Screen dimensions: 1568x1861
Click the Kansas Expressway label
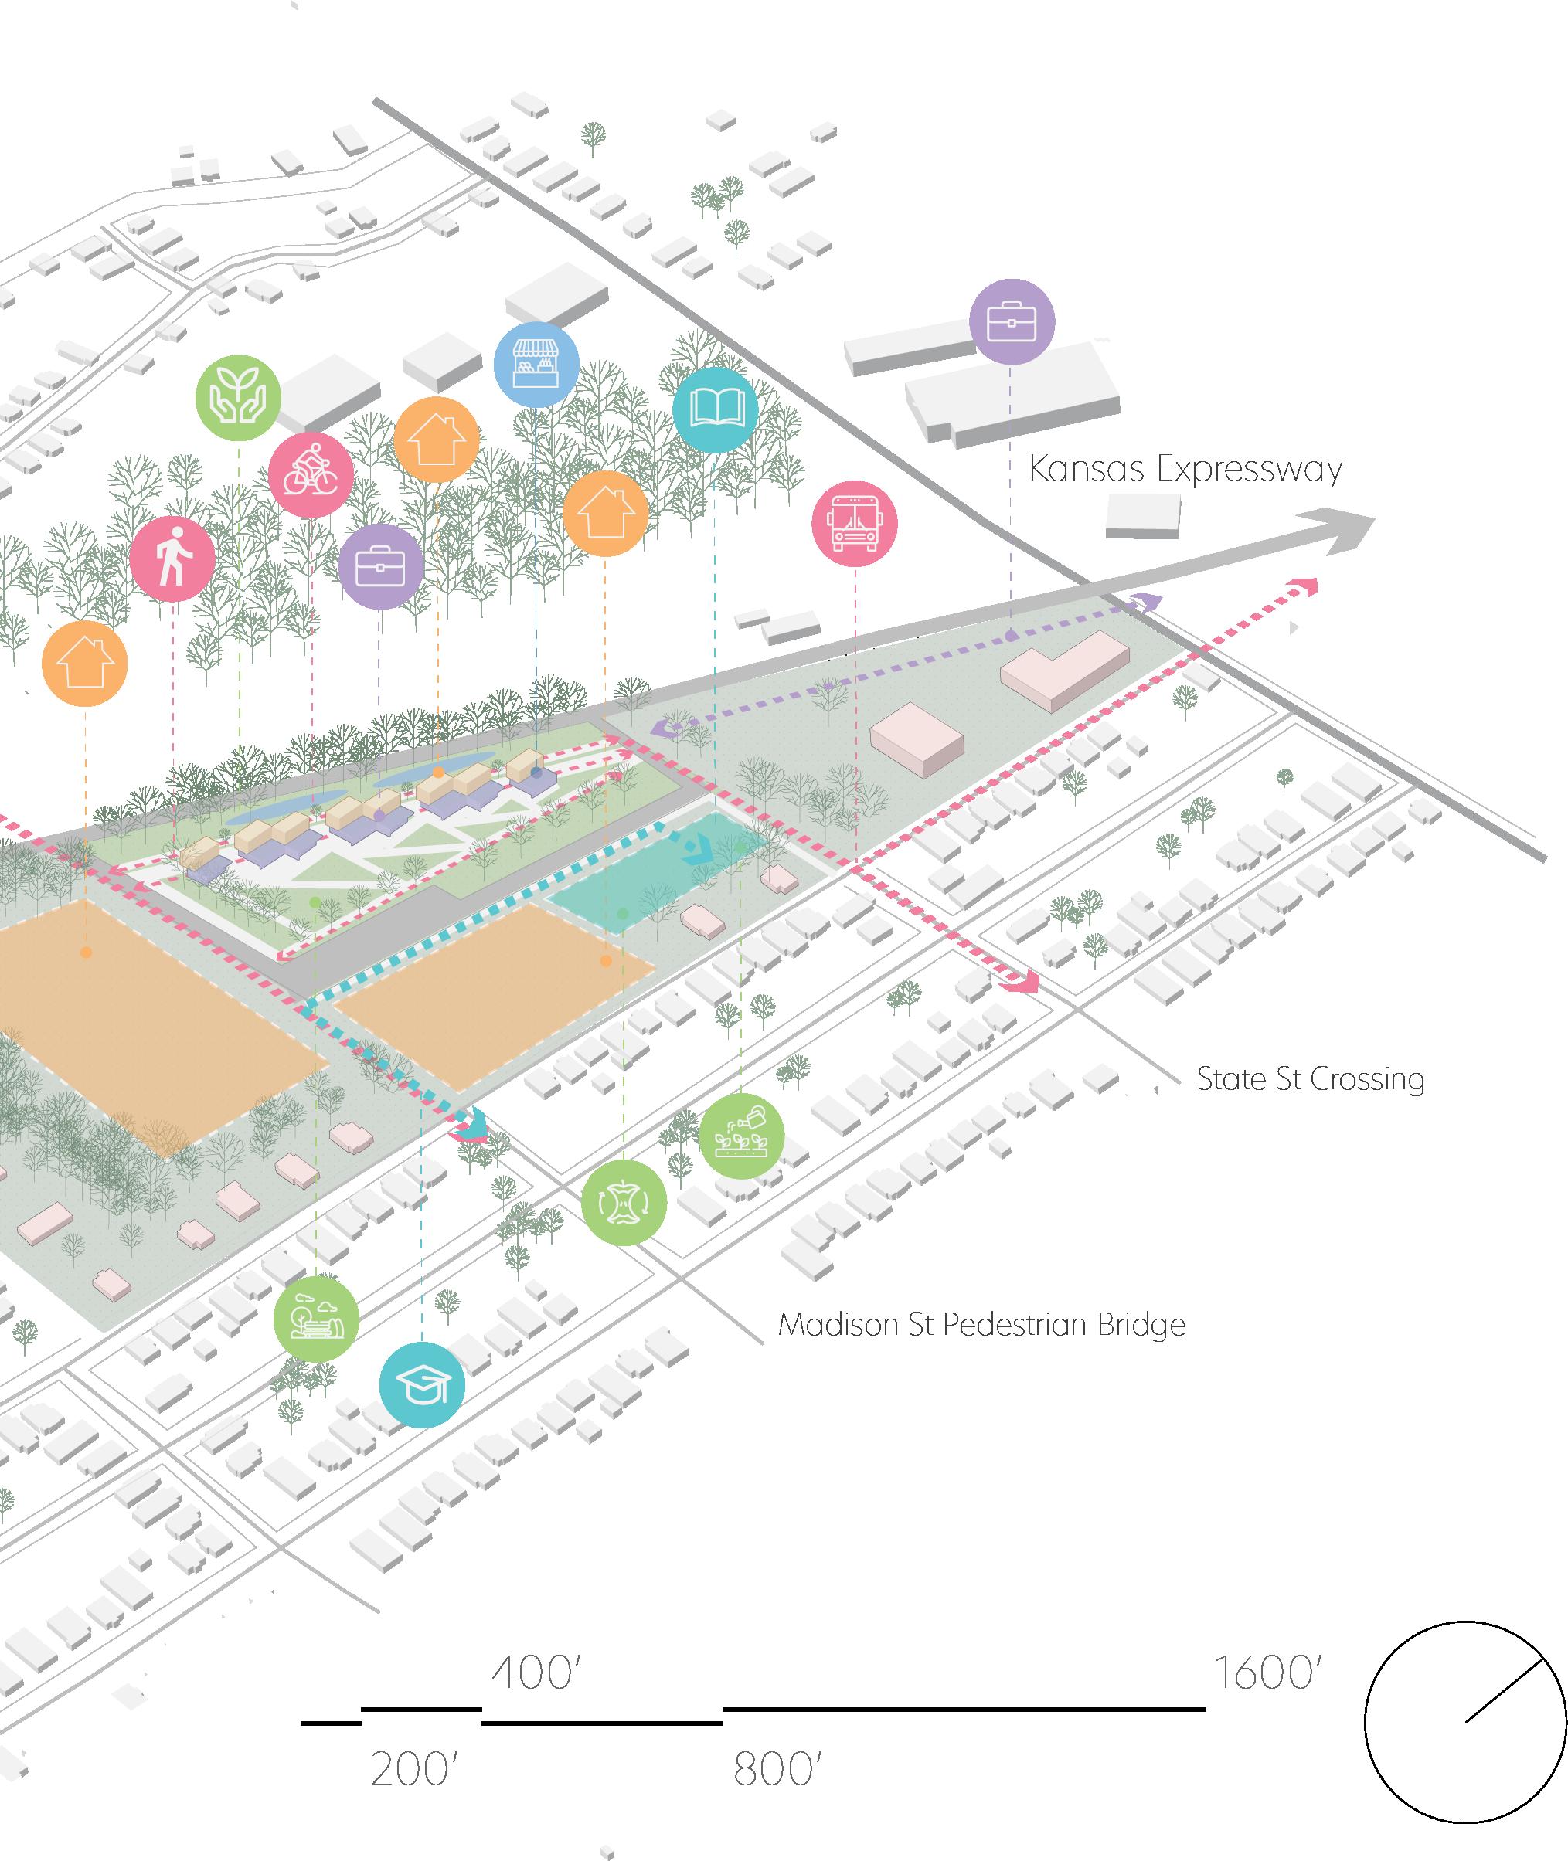[x=1185, y=469]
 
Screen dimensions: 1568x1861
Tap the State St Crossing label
[x=1309, y=1079]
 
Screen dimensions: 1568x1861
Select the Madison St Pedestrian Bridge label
[x=981, y=1325]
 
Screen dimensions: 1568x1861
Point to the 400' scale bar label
[x=535, y=1673]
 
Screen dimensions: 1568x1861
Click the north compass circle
[x=1465, y=1721]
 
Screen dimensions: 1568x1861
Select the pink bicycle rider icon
[x=311, y=475]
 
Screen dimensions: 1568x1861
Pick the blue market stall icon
[x=536, y=365]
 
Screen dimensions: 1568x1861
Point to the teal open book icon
[x=715, y=409]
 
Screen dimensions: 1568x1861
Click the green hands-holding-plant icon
[x=238, y=397]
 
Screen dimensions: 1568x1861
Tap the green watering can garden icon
[x=741, y=1136]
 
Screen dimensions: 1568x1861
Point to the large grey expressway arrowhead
[x=1343, y=530]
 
